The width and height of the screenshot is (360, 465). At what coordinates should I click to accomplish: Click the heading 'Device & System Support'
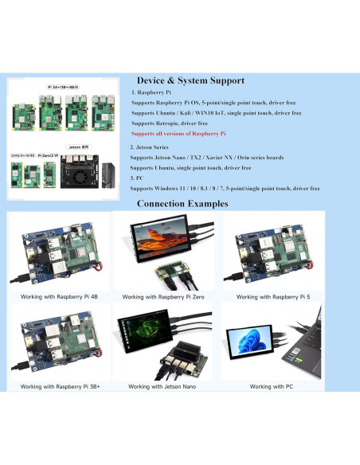pyautogui.click(x=190, y=80)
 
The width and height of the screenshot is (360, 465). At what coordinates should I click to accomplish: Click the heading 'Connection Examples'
pyautogui.click(x=182, y=204)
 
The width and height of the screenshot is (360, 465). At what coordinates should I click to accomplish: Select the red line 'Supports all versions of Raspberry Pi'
pyautogui.click(x=178, y=134)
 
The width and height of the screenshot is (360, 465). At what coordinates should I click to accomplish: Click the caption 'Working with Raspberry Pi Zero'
pyautogui.click(x=166, y=297)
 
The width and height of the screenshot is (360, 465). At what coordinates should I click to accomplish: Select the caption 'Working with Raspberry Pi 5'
pyautogui.click(x=272, y=297)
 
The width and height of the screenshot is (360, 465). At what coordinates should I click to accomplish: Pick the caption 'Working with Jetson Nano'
pyautogui.click(x=166, y=386)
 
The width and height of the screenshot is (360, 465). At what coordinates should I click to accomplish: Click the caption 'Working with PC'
pyautogui.click(x=272, y=386)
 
